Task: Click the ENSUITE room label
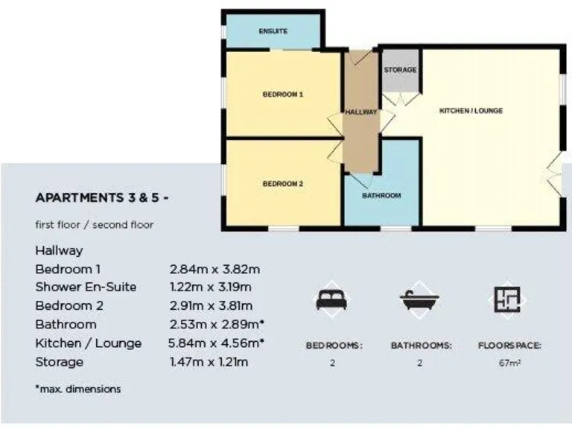click(x=273, y=31)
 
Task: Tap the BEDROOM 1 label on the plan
click(x=282, y=95)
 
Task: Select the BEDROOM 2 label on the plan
click(x=282, y=183)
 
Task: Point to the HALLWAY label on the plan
click(x=361, y=112)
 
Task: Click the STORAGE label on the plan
click(x=400, y=70)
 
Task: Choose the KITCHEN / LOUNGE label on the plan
click(x=471, y=111)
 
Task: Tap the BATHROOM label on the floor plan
click(x=381, y=196)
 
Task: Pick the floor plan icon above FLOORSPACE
click(x=509, y=299)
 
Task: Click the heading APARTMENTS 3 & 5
click(x=102, y=198)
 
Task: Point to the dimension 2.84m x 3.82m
click(x=214, y=269)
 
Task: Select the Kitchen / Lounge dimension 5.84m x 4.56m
click(x=217, y=343)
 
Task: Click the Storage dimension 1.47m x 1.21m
click(x=209, y=362)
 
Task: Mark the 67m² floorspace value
click(x=509, y=363)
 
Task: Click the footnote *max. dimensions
click(x=77, y=389)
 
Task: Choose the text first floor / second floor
click(x=94, y=224)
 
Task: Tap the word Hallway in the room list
click(x=59, y=250)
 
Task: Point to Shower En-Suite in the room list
click(x=86, y=287)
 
